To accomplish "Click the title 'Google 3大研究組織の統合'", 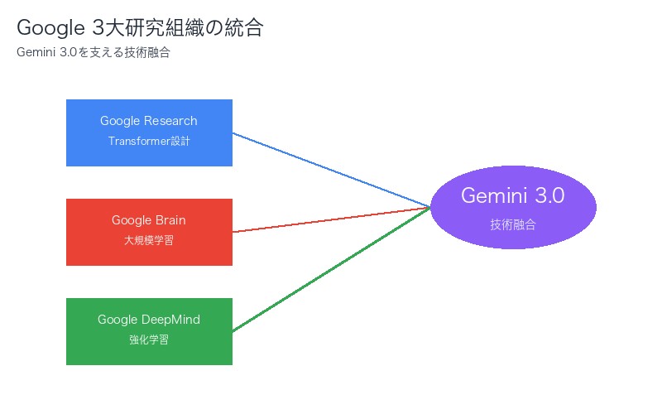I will pos(140,28).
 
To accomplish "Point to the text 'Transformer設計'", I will pos(149,141).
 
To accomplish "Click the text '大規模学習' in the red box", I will pos(149,240).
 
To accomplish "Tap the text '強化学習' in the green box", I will pos(149,339).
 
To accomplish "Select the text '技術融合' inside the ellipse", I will pos(513,224).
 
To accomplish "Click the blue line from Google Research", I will pos(331,170).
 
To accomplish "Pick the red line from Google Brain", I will pos(331,219).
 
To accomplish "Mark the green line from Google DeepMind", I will pos(331,269).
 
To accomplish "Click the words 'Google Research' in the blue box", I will pos(149,121).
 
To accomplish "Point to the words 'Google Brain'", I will pos(149,220).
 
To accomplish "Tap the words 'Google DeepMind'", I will pos(149,320).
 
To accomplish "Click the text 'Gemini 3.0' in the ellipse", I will pos(513,196).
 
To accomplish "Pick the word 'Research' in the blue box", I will pos(170,121).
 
